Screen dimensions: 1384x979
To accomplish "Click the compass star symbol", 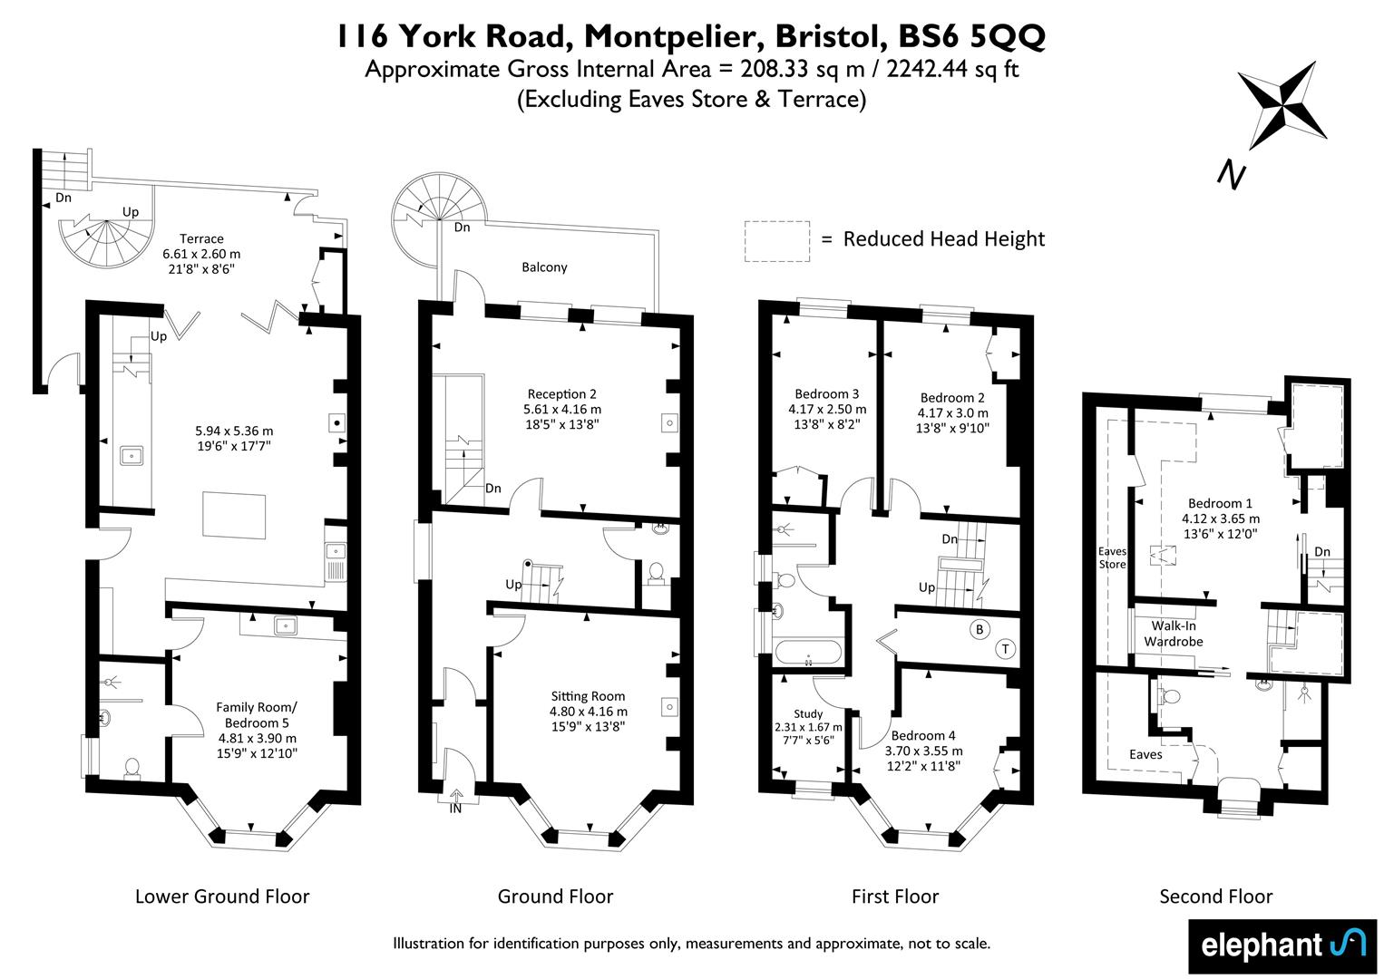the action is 1282,105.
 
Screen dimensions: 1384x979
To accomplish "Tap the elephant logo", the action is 1282,945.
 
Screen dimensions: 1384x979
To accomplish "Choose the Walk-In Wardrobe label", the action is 1174,634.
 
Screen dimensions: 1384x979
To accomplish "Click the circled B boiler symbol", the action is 979,629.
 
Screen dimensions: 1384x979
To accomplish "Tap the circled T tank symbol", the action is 1005,648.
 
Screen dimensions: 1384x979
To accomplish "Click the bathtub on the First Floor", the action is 807,653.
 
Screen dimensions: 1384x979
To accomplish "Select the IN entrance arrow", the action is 456,800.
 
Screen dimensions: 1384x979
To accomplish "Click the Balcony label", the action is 544,267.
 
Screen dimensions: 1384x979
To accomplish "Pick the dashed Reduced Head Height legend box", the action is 776,241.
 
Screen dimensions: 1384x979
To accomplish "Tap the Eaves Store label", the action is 1112,557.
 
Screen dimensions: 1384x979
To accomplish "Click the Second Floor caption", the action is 1216,897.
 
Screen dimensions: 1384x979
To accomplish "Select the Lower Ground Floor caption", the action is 222,897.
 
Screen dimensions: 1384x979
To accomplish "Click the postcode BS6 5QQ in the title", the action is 971,36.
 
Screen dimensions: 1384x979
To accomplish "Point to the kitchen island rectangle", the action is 234,516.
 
